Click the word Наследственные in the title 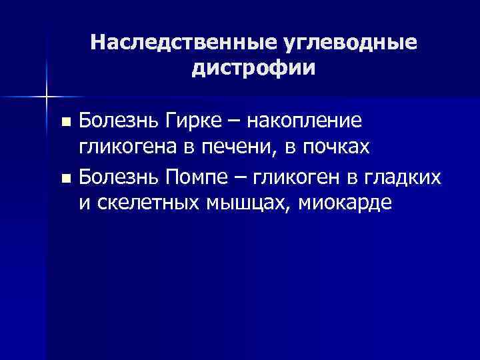(x=179, y=43)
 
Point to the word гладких (x=409, y=177)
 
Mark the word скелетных (x=141, y=203)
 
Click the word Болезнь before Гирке (x=116, y=121)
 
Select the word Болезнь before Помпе (x=116, y=177)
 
